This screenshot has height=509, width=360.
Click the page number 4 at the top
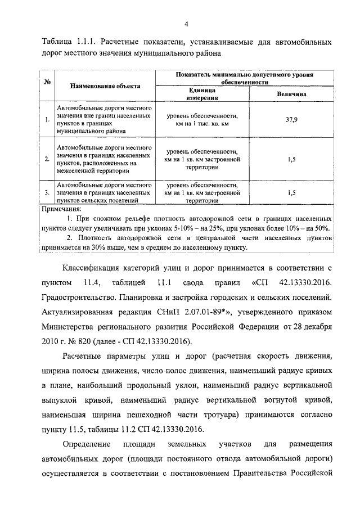coord(186,23)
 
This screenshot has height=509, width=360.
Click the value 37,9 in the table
coord(291,120)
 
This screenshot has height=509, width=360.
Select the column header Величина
coord(291,94)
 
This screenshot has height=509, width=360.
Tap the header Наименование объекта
coord(105,86)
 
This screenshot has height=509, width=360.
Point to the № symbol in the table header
coord(48,82)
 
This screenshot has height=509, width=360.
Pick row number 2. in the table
coord(47,159)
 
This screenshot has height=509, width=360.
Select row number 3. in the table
coord(47,192)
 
